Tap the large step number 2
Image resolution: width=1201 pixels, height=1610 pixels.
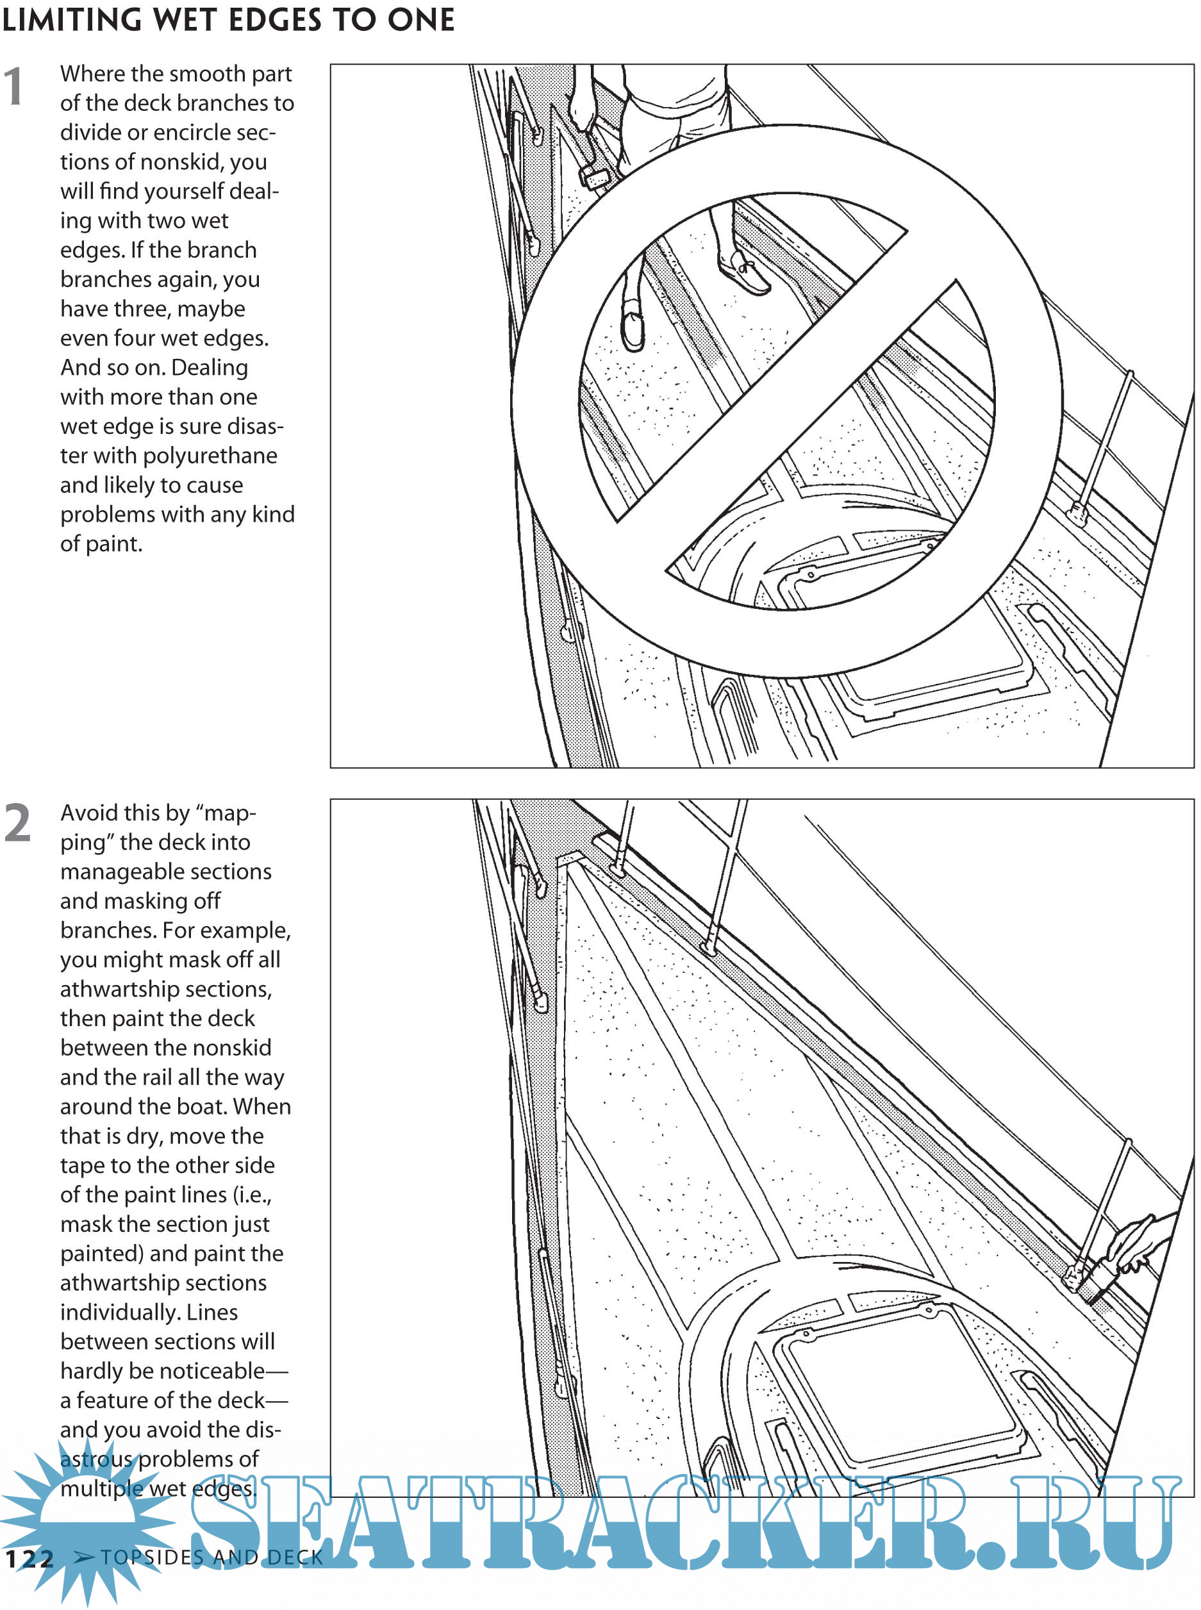point(18,823)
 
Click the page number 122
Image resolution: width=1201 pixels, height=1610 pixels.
point(29,1558)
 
